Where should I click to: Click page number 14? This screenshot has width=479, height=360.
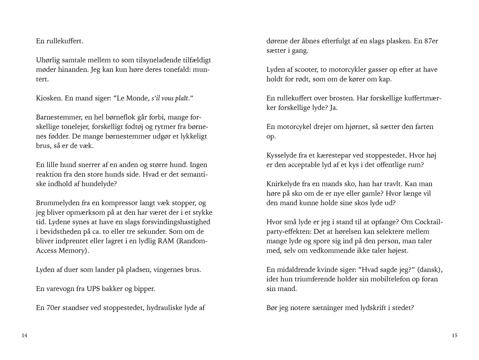click(24, 335)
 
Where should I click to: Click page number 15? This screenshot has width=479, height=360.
click(454, 335)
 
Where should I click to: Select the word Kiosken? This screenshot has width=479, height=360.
click(49, 98)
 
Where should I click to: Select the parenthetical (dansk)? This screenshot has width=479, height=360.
click(429, 270)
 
